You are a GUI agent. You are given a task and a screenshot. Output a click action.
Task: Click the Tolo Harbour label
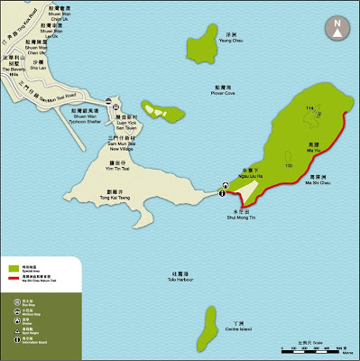click(154, 274)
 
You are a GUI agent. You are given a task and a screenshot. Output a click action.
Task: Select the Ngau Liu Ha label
click(237, 168)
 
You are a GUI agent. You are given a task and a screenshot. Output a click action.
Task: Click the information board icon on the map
click(223, 188)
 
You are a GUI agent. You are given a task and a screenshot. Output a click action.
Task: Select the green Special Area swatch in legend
click(14, 268)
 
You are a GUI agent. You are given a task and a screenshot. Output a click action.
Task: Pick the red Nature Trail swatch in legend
click(14, 280)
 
